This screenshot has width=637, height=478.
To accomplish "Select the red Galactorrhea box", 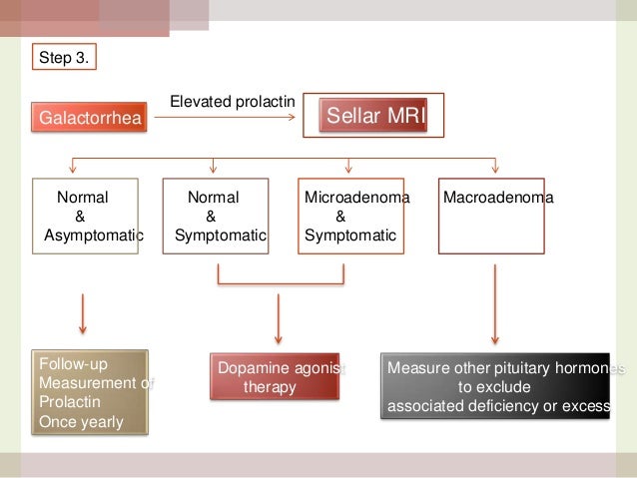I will click(90, 120).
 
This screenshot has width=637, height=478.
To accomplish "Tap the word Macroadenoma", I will click(497, 199).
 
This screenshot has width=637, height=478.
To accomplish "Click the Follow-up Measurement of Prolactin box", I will click(91, 392).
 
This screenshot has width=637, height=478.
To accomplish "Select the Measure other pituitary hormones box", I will click(496, 384).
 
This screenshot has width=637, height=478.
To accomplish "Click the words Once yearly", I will click(81, 422).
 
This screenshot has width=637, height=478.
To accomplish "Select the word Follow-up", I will click(71, 364).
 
